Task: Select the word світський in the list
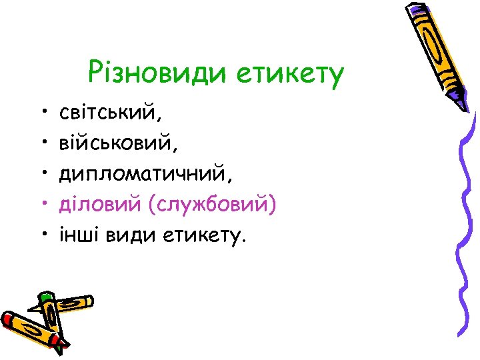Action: pos(110,111)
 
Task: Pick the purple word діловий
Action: pos(99,203)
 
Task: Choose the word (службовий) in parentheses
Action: pos(213,204)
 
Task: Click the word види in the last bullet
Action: pos(129,234)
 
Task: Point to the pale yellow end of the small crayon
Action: pos(86,302)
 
